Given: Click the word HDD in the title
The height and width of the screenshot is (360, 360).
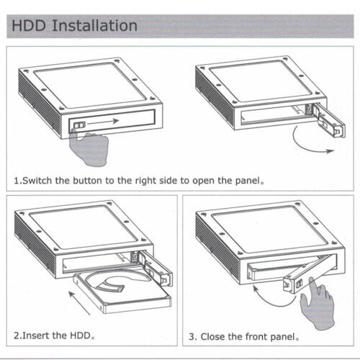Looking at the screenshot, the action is click(x=29, y=25).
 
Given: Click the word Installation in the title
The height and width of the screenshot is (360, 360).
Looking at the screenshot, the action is click(x=94, y=25).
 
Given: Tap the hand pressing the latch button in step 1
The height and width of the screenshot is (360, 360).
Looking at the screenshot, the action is click(x=89, y=148).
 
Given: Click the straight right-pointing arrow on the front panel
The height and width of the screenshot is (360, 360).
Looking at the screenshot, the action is click(x=104, y=122).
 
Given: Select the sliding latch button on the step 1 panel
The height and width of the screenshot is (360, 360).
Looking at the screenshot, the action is click(x=79, y=125).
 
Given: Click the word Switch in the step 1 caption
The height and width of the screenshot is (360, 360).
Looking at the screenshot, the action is click(x=37, y=181).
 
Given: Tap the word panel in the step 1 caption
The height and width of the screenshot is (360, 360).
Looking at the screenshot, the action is click(x=248, y=181).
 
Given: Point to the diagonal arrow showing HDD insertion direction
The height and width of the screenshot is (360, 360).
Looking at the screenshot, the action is click(x=79, y=303).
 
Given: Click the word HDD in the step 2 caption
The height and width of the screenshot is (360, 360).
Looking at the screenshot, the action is click(x=80, y=336).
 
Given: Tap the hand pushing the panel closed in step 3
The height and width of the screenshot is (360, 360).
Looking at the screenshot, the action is click(x=318, y=305).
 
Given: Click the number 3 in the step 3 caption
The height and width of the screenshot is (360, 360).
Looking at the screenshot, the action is click(x=192, y=337).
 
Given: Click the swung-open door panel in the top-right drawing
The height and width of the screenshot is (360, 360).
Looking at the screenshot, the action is click(x=330, y=121).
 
